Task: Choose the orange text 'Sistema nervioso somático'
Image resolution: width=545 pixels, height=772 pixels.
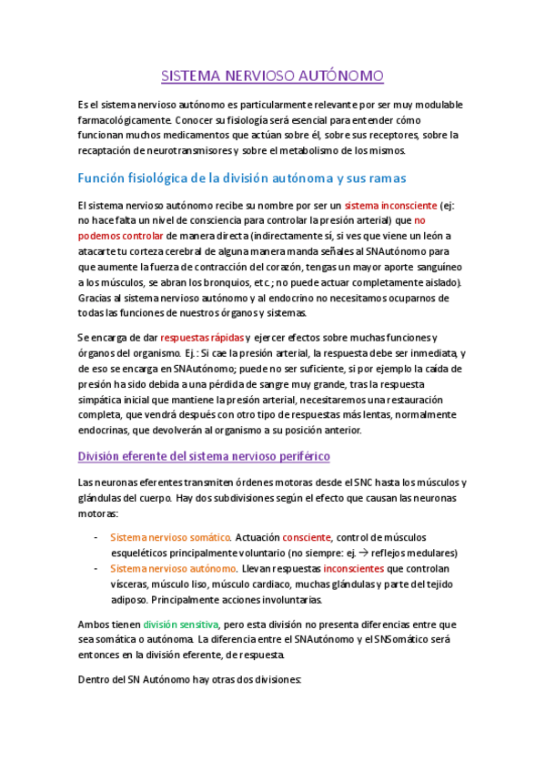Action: coord(170,537)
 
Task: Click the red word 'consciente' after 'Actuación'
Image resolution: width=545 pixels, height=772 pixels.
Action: coord(307,537)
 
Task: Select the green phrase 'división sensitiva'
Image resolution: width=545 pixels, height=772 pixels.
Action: coord(181,625)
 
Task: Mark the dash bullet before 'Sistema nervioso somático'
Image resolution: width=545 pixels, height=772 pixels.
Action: coord(96,537)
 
